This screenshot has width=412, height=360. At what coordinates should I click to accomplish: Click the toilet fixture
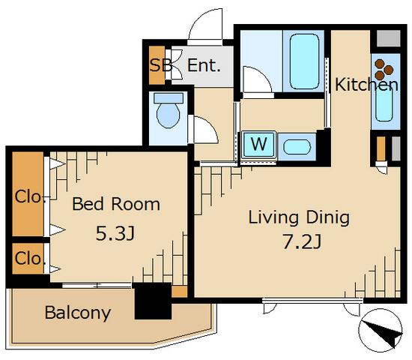[168, 110]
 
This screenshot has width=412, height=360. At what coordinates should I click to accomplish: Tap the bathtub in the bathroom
[304, 61]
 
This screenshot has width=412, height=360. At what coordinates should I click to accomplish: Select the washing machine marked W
[259, 145]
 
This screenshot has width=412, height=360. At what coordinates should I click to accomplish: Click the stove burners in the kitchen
[384, 70]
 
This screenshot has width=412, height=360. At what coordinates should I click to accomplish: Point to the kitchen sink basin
[384, 104]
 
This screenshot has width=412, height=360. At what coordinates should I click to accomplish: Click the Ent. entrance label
[204, 65]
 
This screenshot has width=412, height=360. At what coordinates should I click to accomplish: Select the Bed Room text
[116, 204]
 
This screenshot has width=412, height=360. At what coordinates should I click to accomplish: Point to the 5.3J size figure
[115, 233]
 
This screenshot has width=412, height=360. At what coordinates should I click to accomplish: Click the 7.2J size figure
[301, 241]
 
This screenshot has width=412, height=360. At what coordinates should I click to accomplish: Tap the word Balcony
[78, 313]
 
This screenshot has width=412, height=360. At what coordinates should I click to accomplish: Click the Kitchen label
[366, 85]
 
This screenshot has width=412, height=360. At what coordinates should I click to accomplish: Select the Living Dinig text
[299, 218]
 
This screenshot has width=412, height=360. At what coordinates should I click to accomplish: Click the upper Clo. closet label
[28, 196]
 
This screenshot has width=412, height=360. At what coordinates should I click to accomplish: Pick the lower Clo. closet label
[28, 259]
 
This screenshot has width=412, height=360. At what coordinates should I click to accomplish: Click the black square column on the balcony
[153, 301]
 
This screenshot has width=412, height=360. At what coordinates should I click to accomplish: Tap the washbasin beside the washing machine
[297, 147]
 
